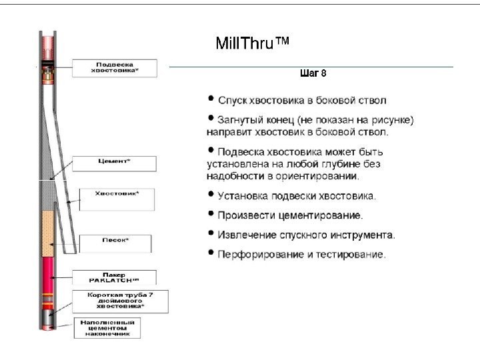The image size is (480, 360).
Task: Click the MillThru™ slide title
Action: pos(253,45)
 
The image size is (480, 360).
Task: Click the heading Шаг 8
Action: pos(313,72)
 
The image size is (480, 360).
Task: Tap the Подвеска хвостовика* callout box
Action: pos(124,67)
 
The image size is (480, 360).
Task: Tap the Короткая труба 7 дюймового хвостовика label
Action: pos(117,301)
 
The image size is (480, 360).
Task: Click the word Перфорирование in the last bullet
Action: pos(251,254)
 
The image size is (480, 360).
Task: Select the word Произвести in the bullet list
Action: pos(241,215)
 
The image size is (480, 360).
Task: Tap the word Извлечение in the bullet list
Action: pos(244,235)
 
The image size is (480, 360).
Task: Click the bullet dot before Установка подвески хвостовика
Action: pos(211,196)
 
